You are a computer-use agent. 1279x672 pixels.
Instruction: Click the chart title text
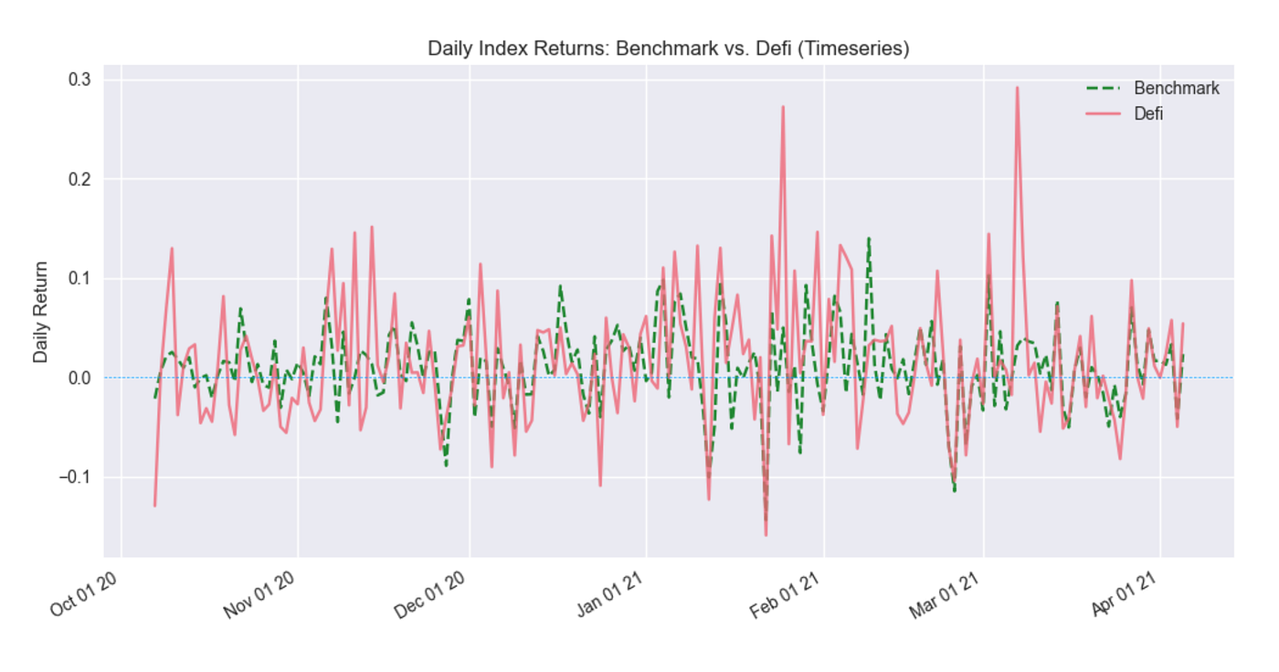(x=668, y=49)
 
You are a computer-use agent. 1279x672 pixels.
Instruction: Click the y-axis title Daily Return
(x=41, y=312)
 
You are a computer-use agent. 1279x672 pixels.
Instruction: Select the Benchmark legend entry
(x=1176, y=89)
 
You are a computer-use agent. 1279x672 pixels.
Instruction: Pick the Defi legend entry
(x=1148, y=114)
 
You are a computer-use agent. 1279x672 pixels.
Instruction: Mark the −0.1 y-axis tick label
(x=74, y=478)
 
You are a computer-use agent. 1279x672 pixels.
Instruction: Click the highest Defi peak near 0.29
(x=1017, y=88)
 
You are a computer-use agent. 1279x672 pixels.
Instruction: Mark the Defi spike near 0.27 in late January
(x=783, y=107)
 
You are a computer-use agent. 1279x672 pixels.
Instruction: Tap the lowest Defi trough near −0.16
(x=766, y=535)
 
